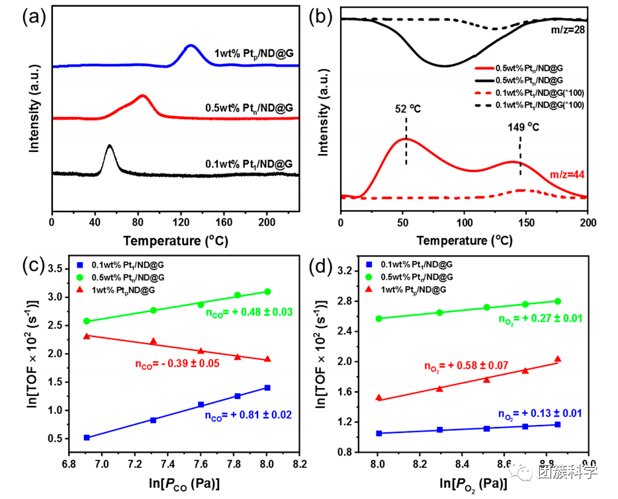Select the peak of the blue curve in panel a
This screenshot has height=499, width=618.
(x=191, y=46)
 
